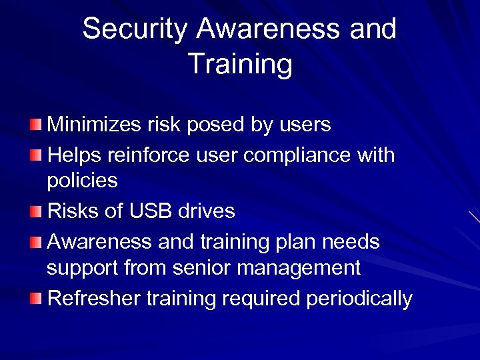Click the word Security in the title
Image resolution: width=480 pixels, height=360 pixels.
point(135,29)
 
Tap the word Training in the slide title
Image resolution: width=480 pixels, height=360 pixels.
point(240,65)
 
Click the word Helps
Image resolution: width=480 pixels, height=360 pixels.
point(74,155)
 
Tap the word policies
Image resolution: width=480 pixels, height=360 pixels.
point(82,181)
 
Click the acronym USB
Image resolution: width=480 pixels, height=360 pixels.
point(151,211)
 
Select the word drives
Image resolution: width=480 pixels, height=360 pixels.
point(206,211)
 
